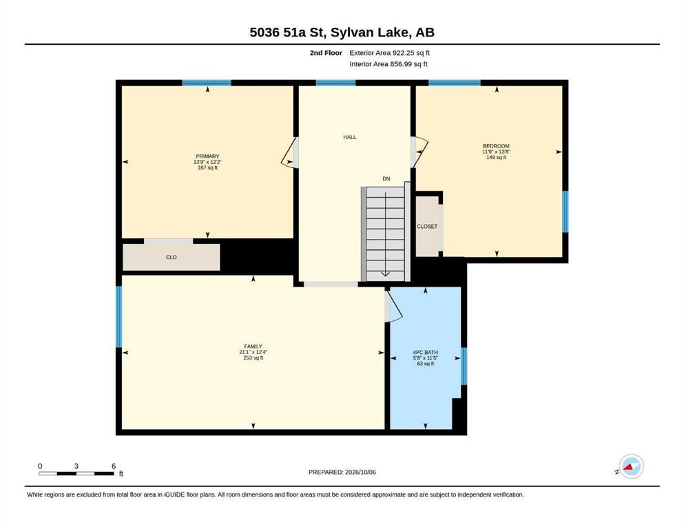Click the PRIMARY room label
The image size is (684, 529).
point(207,156)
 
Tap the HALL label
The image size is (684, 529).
point(349,137)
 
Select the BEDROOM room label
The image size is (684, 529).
point(496,146)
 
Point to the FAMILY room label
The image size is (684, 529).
point(253,346)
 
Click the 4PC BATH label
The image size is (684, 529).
point(425,353)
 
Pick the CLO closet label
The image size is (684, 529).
point(171,258)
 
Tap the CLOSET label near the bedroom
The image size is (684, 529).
point(427,227)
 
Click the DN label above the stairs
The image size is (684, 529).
point(386,179)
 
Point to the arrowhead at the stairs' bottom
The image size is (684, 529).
point(386,274)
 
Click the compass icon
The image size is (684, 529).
point(631,466)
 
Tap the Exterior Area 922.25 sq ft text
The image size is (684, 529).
point(390,53)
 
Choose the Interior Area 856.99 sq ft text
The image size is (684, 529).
point(388,64)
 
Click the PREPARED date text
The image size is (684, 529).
point(342,472)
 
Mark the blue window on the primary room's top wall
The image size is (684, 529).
point(207,83)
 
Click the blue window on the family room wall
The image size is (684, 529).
point(118,317)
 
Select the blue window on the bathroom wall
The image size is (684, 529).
point(464,366)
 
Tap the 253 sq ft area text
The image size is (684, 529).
point(253,358)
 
